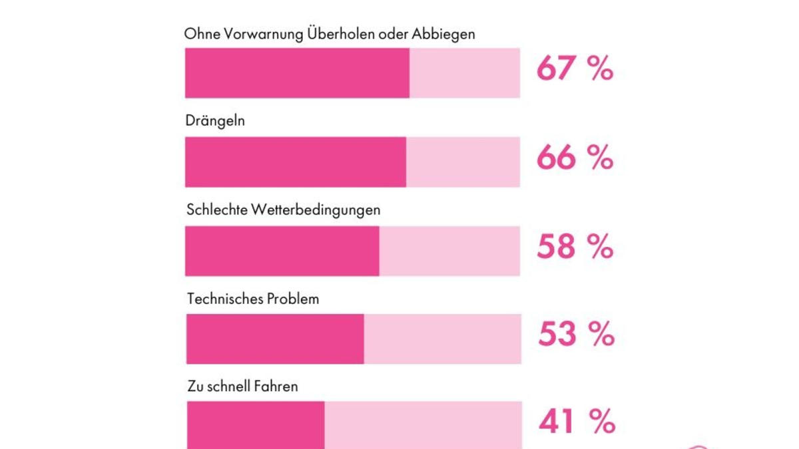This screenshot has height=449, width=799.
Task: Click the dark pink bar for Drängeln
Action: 296,162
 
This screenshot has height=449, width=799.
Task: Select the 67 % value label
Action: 575,69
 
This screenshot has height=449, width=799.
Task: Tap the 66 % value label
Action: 575,158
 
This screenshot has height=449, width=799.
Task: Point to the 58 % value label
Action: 575,247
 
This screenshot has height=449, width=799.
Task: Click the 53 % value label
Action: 576,335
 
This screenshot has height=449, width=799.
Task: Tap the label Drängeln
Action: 215,122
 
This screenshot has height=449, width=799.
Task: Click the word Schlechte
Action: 217,210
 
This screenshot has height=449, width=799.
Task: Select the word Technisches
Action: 226,299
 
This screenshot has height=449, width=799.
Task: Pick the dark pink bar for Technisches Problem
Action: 275,339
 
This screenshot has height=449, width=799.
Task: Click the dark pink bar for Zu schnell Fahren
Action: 256,425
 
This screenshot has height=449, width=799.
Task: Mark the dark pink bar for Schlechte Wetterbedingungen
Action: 282,251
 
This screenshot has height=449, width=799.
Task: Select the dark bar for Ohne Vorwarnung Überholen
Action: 297,73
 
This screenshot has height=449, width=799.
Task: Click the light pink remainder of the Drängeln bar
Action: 463,162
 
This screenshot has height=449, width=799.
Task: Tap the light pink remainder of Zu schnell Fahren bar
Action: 423,425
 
